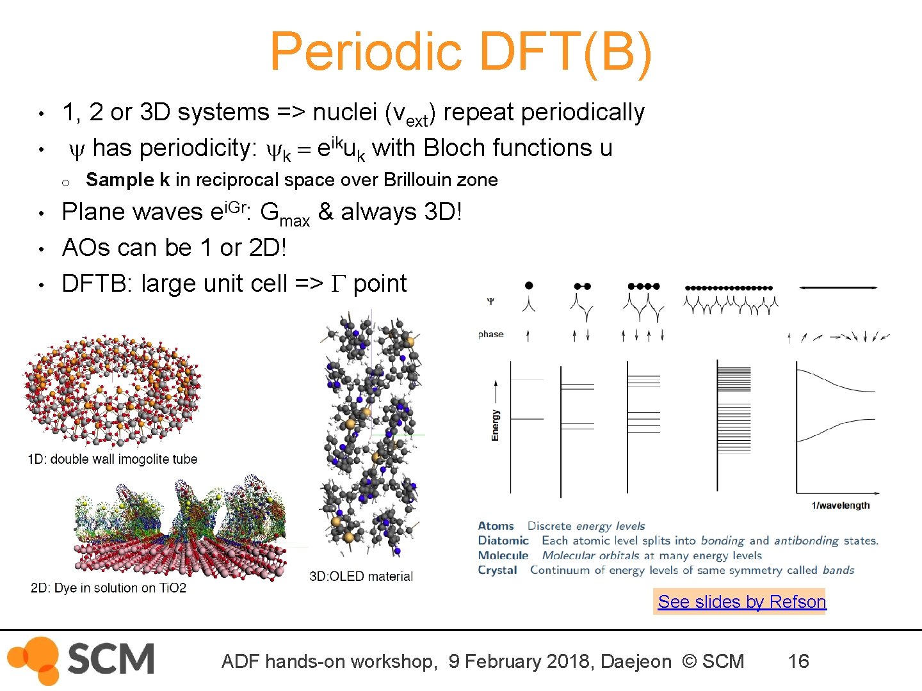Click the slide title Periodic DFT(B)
click(461, 52)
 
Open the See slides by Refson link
click(741, 601)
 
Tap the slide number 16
click(798, 661)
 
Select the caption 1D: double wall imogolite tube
click(113, 459)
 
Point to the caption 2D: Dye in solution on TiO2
click(108, 588)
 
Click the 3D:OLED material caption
click(361, 576)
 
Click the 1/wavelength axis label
click(840, 505)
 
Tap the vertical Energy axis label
click(495, 425)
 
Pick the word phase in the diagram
click(490, 334)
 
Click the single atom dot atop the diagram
click(529, 286)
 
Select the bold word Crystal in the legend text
click(497, 570)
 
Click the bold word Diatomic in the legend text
click(503, 541)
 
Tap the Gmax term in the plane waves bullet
click(284, 213)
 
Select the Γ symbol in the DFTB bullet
click(338, 283)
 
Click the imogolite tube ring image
click(112, 390)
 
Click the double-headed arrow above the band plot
click(838, 288)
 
